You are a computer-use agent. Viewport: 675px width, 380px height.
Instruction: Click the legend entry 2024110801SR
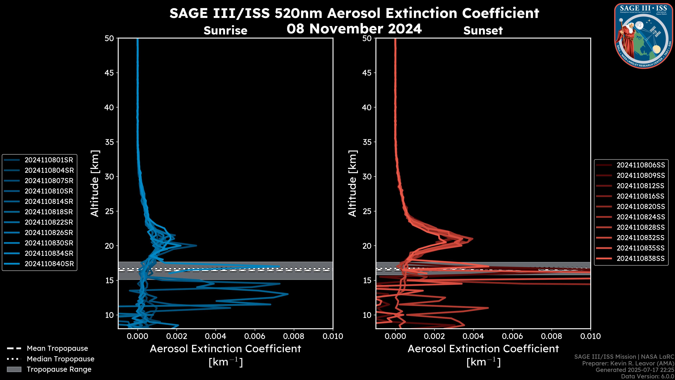point(49,160)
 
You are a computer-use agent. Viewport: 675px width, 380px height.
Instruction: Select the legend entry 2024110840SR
point(49,264)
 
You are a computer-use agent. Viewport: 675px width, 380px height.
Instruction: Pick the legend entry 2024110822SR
point(49,222)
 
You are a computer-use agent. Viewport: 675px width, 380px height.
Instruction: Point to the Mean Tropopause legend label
point(57,349)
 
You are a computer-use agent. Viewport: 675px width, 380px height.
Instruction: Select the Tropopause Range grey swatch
point(14,369)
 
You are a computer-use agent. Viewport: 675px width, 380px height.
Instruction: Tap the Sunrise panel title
point(225,31)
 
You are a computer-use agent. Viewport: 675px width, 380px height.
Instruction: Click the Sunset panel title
point(483,31)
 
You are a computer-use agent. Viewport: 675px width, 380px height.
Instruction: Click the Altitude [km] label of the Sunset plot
point(352,183)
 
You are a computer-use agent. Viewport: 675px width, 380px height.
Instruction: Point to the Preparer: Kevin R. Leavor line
point(628,363)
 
